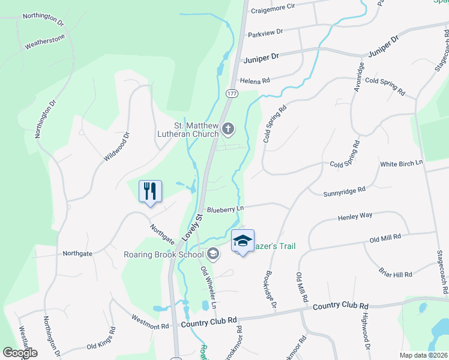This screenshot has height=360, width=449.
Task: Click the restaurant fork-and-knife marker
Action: click(x=150, y=192)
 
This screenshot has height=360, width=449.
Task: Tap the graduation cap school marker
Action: click(x=242, y=241)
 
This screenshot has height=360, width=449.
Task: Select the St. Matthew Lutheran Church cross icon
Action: click(x=228, y=128)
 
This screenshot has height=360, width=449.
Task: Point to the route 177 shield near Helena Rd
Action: click(x=232, y=94)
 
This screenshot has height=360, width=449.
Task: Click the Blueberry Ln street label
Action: click(x=226, y=209)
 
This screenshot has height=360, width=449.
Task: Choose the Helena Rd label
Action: click(x=255, y=80)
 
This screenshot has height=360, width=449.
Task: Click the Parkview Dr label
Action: click(x=264, y=35)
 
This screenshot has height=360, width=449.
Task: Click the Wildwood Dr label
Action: click(x=116, y=147)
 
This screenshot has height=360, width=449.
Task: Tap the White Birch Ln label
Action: click(x=402, y=163)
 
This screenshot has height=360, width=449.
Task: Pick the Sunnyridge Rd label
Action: click(x=345, y=191)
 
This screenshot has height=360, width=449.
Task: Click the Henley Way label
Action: click(x=355, y=215)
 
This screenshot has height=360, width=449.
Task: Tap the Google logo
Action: click(x=20, y=353)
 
